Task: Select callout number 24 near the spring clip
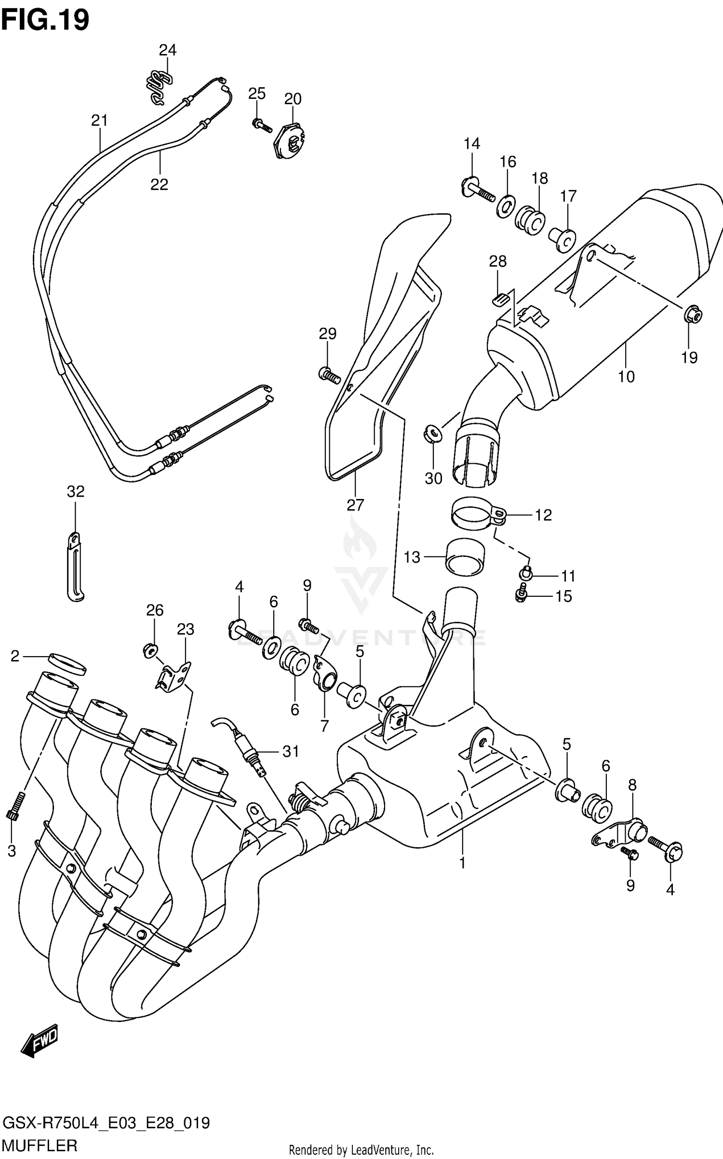(x=168, y=50)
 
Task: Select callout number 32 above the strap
(x=76, y=492)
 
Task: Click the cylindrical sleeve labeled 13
(x=465, y=558)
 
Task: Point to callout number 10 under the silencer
(x=626, y=377)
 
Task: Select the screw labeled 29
(x=329, y=375)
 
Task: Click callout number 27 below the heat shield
(x=355, y=505)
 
